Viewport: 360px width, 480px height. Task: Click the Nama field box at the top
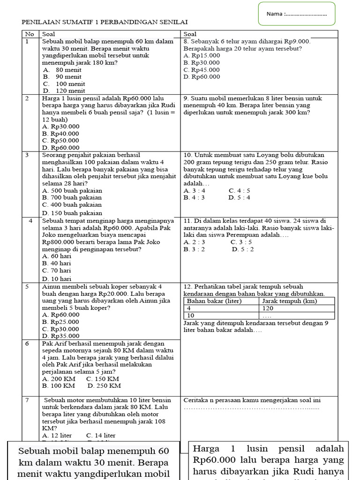coord(297,14)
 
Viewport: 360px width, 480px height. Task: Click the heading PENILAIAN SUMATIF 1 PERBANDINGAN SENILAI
coord(105,22)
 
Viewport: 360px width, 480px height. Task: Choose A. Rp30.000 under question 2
coord(60,126)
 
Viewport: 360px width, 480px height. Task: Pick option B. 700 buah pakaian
coord(72,197)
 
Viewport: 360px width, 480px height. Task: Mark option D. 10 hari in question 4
coord(57,278)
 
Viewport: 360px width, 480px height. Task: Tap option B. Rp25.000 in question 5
coord(60,322)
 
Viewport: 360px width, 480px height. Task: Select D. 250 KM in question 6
coord(104,386)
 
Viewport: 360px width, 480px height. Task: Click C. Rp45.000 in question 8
coord(202,69)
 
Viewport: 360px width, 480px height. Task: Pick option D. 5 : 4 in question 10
coord(239,197)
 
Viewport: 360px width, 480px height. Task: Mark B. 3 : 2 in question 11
coord(194,249)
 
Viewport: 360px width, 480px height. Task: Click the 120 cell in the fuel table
coord(268,308)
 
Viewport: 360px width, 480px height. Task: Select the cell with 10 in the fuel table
coord(191,315)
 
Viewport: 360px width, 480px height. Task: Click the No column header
coord(30,34)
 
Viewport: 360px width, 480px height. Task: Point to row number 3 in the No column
coord(28,155)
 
